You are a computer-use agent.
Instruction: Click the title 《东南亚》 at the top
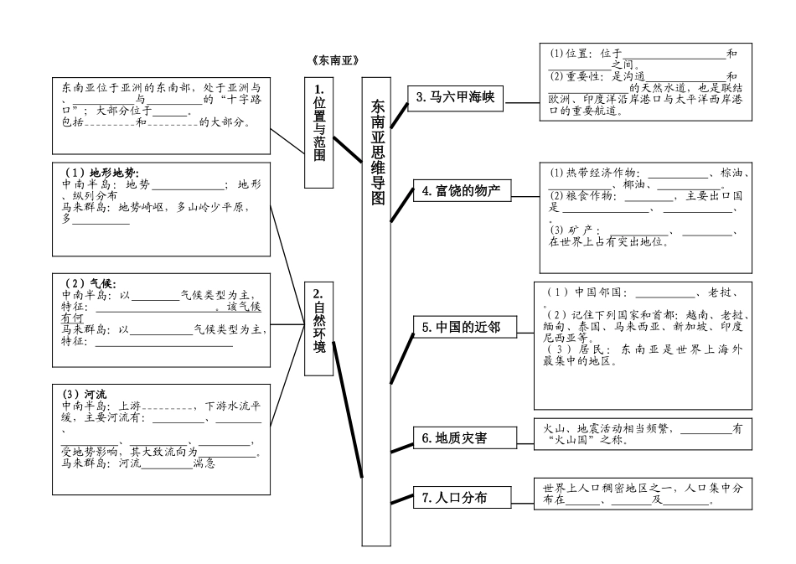click(x=334, y=61)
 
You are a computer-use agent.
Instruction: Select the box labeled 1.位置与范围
click(x=318, y=121)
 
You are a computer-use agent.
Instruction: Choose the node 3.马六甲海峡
click(x=456, y=98)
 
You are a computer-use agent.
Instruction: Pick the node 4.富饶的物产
click(x=460, y=192)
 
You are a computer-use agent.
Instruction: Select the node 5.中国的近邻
click(x=461, y=328)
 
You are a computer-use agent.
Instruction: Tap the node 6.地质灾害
click(x=461, y=437)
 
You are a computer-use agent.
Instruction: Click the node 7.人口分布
click(x=461, y=499)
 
